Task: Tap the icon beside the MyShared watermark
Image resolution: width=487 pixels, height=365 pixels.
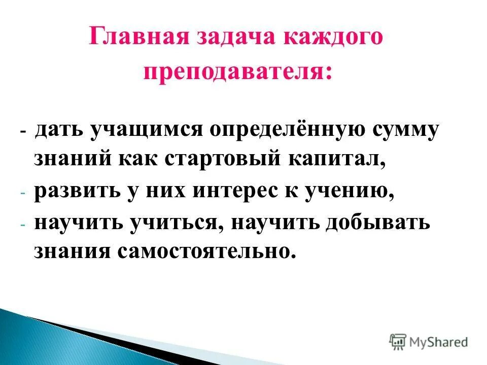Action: (x=398, y=342)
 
